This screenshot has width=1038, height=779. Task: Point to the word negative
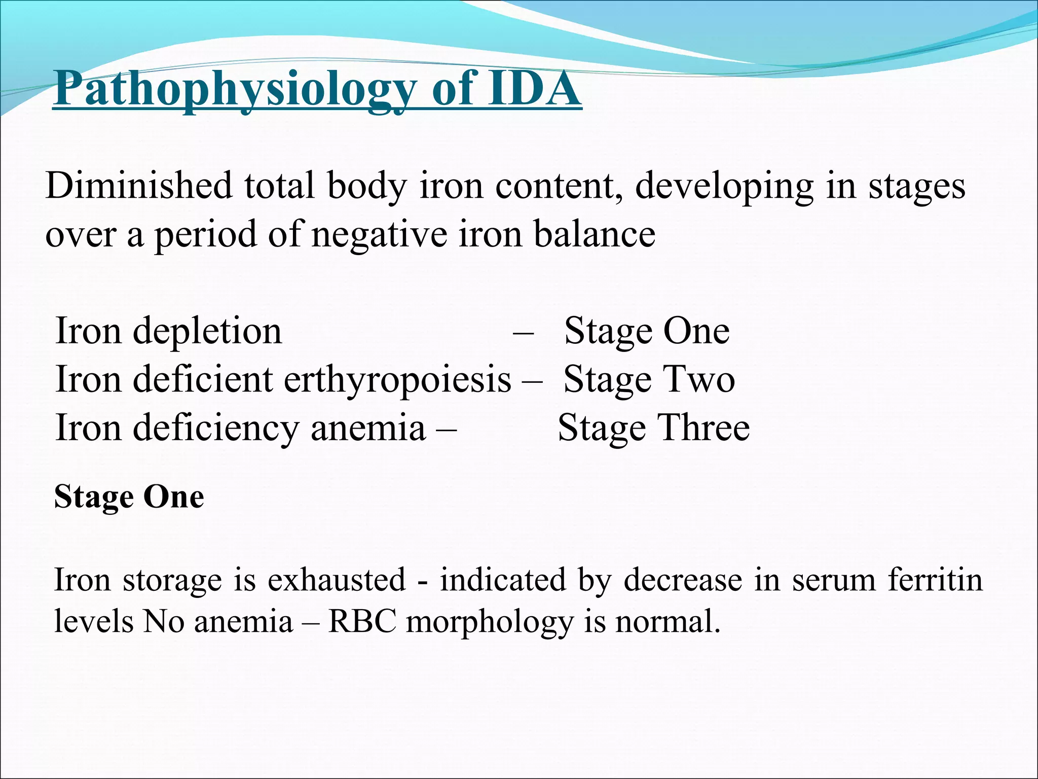[x=379, y=234]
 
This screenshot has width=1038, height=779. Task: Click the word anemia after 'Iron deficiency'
[x=368, y=428]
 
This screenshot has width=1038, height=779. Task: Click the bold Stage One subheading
[x=129, y=497]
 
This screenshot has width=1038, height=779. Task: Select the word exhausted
[x=337, y=580]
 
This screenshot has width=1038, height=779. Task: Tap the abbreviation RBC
[x=362, y=621]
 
